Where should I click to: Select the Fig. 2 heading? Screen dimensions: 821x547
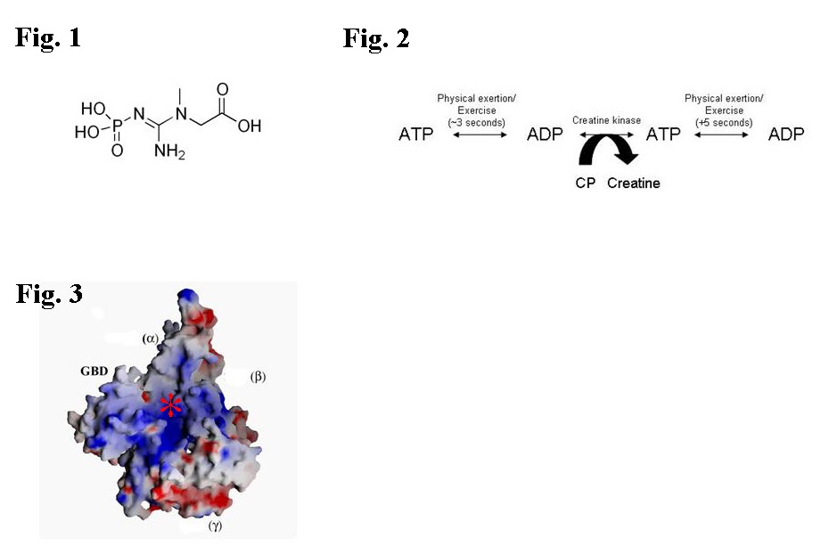tap(376, 38)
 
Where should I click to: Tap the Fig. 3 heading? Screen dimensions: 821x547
tap(49, 293)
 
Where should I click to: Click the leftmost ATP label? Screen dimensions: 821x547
tap(416, 135)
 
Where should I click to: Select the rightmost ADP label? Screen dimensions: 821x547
tap(786, 135)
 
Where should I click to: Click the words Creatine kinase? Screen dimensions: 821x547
tap(606, 118)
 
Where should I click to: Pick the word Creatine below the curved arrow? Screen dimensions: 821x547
tap(635, 183)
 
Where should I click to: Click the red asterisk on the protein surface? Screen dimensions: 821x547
tap(169, 405)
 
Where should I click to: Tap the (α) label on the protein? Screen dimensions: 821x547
tap(150, 338)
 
